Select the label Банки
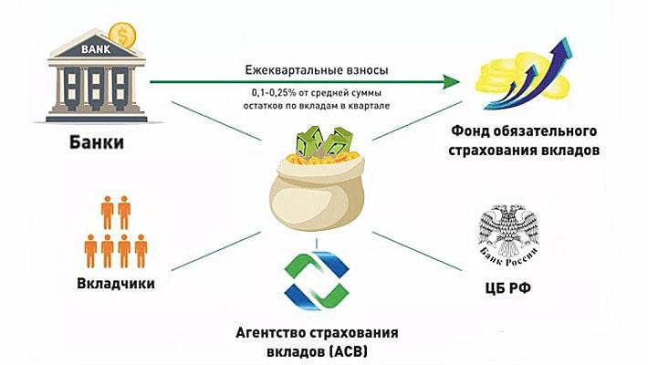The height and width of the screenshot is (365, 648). pos(98,144)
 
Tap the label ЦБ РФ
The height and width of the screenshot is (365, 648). pos(511,291)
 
